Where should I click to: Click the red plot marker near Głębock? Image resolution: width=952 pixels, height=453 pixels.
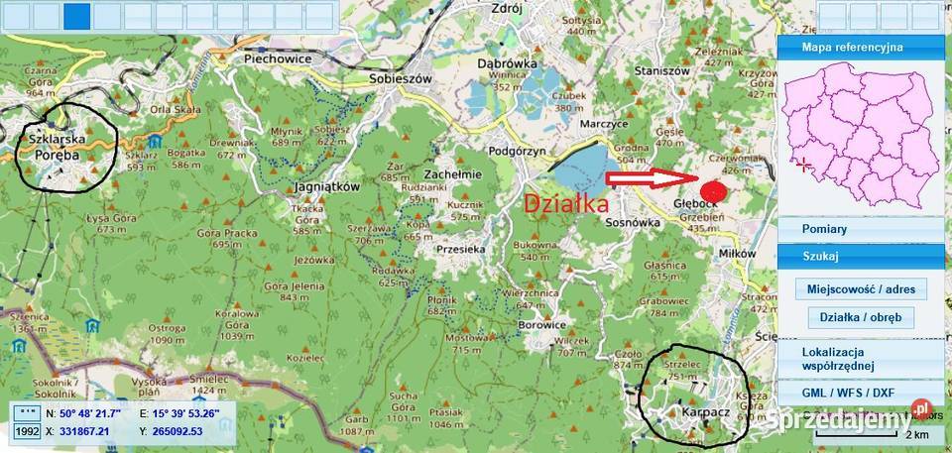click(712, 190)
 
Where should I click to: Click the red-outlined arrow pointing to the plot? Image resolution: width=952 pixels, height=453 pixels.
click(649, 178)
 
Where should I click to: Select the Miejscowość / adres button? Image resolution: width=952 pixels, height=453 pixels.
click(860, 289)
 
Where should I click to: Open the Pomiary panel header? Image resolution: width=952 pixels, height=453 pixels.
click(860, 229)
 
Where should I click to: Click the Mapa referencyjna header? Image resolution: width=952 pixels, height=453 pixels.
click(860, 47)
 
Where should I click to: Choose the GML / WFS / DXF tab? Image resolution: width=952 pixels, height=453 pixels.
click(860, 393)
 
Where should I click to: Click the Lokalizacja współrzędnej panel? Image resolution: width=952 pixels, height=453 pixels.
click(860, 359)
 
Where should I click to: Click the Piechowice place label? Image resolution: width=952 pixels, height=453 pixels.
click(278, 58)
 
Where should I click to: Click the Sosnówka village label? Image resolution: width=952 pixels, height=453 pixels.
click(632, 224)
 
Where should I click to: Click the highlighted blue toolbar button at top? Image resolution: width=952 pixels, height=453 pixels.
click(77, 15)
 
